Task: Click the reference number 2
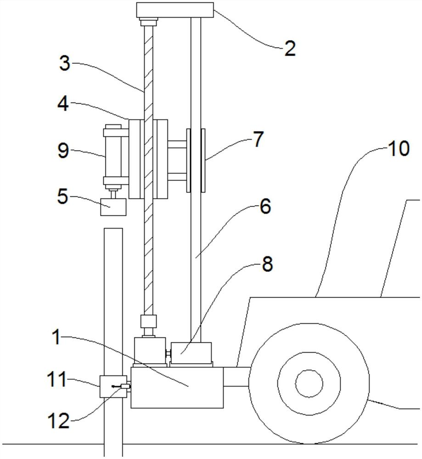coord(290,48)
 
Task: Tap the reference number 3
coord(65,63)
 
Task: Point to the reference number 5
coord(63,196)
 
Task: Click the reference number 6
coord(265,207)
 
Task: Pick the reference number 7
coord(258,139)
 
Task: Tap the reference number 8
coord(267,264)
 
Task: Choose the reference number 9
coord(63,151)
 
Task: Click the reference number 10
coord(399,148)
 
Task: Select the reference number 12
coord(59,421)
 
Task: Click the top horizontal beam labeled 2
coord(175,10)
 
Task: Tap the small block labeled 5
coord(113,207)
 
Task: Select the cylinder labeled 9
coord(113,157)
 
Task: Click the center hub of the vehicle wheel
coord(309,383)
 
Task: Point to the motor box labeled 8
coord(191,353)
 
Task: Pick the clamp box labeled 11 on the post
coord(113,386)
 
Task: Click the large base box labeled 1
coord(177,388)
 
